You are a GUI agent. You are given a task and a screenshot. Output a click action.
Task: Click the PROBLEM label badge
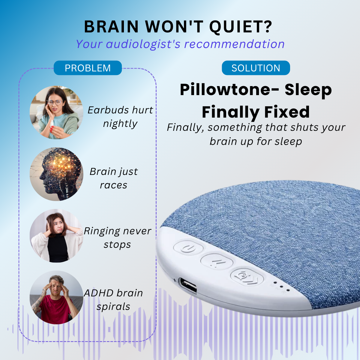[88, 68]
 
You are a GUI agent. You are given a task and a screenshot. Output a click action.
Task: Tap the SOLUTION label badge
[256, 68]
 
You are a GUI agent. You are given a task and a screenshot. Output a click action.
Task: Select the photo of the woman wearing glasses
[56, 112]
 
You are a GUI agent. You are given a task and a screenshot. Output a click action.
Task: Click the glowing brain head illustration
[56, 174]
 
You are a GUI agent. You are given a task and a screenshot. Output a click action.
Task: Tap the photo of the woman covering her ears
[56, 236]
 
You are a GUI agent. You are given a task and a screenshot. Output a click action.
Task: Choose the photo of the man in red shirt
[56, 297]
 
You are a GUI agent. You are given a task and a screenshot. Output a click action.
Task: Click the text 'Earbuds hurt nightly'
[120, 117]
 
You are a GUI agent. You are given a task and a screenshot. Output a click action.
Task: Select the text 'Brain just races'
[114, 178]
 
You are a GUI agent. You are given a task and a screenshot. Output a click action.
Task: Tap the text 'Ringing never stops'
[117, 238]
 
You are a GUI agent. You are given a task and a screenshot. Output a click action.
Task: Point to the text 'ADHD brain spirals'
[113, 299]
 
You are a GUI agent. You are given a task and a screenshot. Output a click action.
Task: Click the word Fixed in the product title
[286, 112]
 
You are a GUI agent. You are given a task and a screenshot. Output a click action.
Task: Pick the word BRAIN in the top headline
[111, 27]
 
